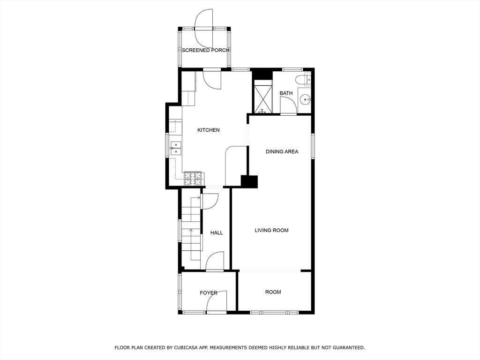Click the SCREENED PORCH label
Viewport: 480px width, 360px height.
pyautogui.click(x=205, y=50)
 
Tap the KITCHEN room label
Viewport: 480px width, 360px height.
pyautogui.click(x=208, y=130)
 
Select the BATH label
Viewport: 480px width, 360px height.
pyautogui.click(x=286, y=93)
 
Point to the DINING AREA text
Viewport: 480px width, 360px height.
pyautogui.click(x=282, y=151)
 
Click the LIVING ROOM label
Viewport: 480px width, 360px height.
pyautogui.click(x=271, y=230)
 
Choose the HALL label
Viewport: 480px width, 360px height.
pyautogui.click(x=217, y=232)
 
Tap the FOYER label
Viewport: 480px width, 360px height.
pyautogui.click(x=209, y=293)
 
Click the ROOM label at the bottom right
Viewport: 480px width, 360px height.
pyautogui.click(x=273, y=292)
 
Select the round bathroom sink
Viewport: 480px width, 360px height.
pyautogui.click(x=305, y=99)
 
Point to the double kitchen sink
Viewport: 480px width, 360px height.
pyautogui.click(x=176, y=148)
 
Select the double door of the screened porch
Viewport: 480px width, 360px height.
pyautogui.click(x=204, y=28)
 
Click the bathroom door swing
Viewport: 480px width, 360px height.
pyautogui.click(x=287, y=106)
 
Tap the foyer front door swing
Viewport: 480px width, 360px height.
pyautogui.click(x=216, y=301)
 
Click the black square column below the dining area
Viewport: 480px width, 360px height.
pyautogui.click(x=249, y=181)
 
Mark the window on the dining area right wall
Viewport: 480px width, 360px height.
pyautogui.click(x=313, y=146)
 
